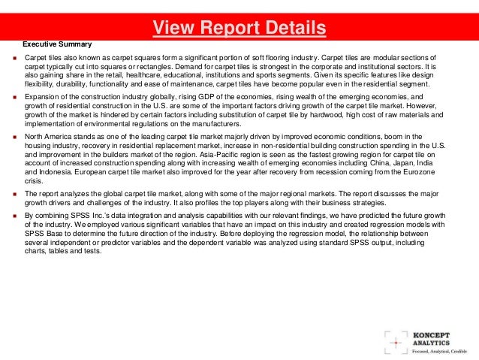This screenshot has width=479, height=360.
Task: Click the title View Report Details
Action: tap(239, 29)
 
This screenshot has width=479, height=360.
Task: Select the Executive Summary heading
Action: tap(57, 45)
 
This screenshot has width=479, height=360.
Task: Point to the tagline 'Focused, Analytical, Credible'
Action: tap(440, 350)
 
